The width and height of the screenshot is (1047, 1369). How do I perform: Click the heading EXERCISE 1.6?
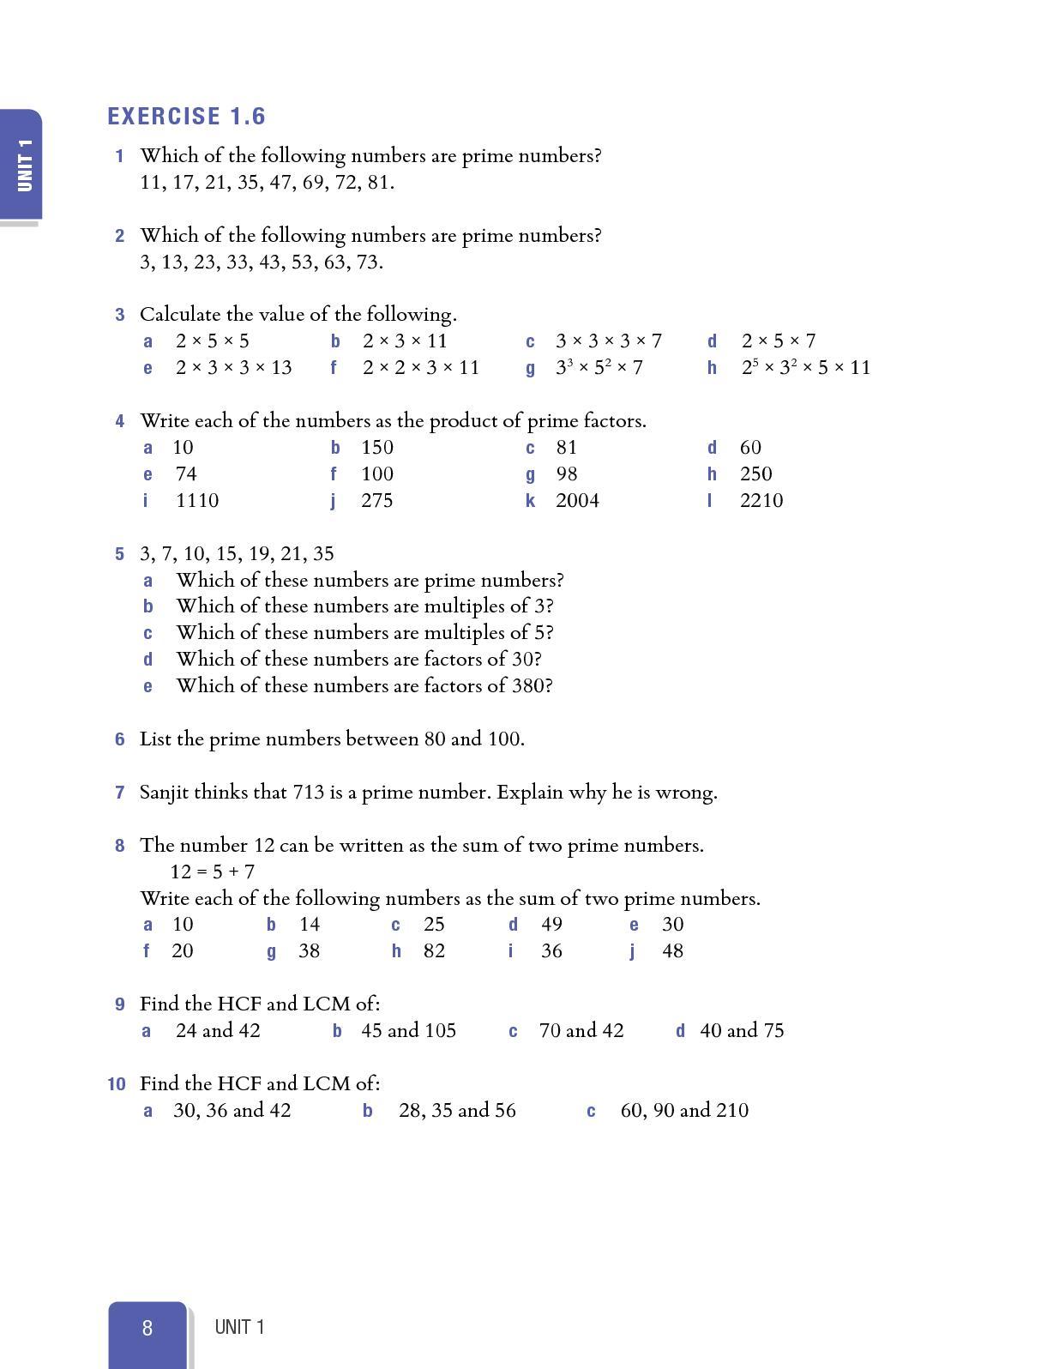(x=186, y=117)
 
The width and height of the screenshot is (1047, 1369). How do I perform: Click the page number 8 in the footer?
(x=147, y=1328)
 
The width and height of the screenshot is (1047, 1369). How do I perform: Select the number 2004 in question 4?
(x=577, y=501)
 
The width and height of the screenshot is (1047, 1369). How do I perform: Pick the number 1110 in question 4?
(x=197, y=501)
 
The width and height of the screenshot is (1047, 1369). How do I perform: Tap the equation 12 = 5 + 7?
(x=213, y=872)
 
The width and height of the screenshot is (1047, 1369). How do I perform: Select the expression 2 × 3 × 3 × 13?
(x=233, y=368)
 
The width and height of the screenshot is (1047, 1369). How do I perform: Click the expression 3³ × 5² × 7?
(x=599, y=368)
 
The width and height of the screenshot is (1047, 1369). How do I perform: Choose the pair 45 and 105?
(x=408, y=1031)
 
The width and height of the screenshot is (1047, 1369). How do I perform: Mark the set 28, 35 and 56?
(x=457, y=1111)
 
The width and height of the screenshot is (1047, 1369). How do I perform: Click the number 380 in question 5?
(x=529, y=686)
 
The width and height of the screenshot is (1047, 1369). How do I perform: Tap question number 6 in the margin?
(x=120, y=739)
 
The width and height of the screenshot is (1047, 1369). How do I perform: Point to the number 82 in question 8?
(x=434, y=951)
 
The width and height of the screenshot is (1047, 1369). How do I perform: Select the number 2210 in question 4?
(x=761, y=501)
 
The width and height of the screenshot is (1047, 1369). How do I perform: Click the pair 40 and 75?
(x=742, y=1031)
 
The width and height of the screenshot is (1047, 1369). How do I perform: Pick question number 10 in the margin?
(x=117, y=1084)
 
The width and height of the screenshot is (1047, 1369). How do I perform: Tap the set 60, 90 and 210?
(x=684, y=1111)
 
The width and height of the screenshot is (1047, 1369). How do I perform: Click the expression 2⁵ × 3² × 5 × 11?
(x=806, y=368)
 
